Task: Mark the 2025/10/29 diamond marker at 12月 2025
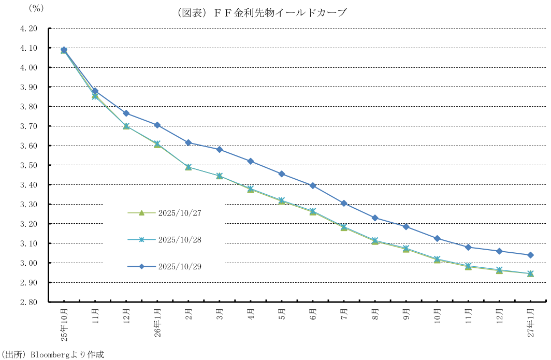(x=126, y=113)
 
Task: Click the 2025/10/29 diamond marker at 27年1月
(x=531, y=255)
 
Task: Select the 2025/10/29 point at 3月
(x=220, y=150)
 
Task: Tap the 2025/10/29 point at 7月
(x=344, y=203)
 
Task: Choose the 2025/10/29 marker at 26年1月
(x=157, y=125)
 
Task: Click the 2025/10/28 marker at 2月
(x=189, y=167)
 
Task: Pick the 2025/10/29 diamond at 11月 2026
(x=469, y=247)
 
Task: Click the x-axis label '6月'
(x=313, y=314)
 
